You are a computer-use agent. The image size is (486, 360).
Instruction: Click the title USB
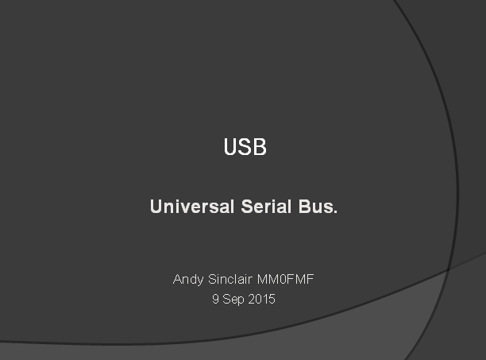click(245, 147)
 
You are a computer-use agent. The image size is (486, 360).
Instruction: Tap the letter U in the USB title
click(230, 147)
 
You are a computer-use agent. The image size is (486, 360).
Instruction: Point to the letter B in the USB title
click(260, 147)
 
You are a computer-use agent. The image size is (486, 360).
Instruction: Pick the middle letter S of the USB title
click(245, 147)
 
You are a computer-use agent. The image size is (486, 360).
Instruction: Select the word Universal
click(192, 206)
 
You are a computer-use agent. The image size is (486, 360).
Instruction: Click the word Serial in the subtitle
click(266, 206)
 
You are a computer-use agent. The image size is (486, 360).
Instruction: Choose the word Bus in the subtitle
click(315, 206)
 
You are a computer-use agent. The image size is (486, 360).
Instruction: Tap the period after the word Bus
click(335, 212)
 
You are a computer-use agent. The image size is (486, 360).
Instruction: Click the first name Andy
click(188, 280)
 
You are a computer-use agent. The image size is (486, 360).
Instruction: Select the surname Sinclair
click(230, 279)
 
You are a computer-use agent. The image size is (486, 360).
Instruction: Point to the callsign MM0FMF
click(285, 279)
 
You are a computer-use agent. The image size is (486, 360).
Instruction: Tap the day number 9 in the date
click(216, 299)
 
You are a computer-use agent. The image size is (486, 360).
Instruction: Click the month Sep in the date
click(233, 300)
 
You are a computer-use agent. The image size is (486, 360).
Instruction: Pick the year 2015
click(261, 299)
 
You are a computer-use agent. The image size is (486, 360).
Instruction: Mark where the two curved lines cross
click(448, 269)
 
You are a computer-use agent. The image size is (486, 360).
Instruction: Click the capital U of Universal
click(156, 207)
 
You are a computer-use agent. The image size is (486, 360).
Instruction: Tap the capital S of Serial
click(248, 207)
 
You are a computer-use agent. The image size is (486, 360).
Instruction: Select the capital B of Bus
click(305, 207)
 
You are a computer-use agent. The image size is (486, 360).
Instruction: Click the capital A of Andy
click(178, 279)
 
